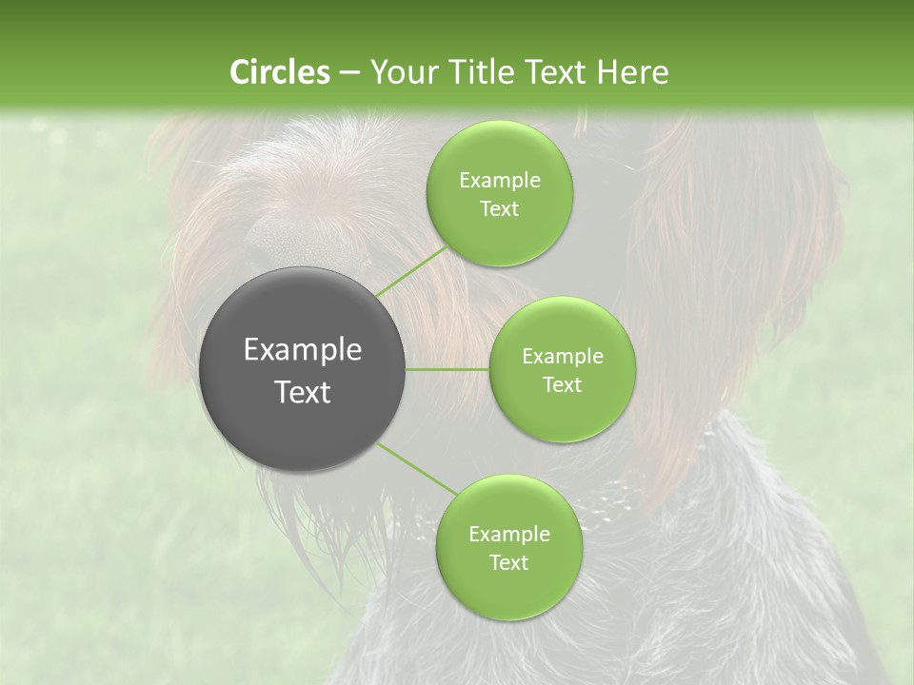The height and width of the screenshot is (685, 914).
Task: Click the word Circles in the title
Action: click(x=279, y=71)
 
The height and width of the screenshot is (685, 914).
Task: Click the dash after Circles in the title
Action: click(x=348, y=72)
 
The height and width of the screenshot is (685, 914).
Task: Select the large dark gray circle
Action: click(x=303, y=369)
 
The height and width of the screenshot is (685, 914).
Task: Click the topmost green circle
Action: click(x=499, y=193)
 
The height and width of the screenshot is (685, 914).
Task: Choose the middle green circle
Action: click(x=562, y=369)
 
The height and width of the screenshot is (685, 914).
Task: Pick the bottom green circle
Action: click(x=508, y=547)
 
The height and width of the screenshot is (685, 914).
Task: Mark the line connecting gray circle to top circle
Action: click(x=411, y=269)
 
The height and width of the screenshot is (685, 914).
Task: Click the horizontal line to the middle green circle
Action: click(x=447, y=369)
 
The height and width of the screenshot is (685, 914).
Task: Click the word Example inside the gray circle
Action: click(x=303, y=350)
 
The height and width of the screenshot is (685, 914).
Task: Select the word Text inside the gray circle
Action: click(x=303, y=392)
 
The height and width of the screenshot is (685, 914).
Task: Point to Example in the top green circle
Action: click(x=499, y=181)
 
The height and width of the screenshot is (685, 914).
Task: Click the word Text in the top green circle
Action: click(x=499, y=209)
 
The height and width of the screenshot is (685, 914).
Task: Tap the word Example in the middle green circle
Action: click(x=562, y=357)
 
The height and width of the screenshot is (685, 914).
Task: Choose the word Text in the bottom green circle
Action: click(x=508, y=562)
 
